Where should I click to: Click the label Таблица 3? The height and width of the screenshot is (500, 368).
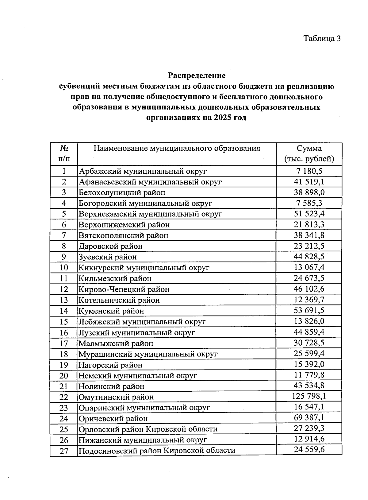(x=322, y=38)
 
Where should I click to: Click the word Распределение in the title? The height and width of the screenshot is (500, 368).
(x=197, y=76)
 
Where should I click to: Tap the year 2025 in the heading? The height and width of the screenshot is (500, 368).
(x=223, y=118)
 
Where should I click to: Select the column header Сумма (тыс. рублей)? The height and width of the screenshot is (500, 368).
(x=309, y=154)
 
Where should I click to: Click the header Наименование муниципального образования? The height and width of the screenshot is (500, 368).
(x=177, y=149)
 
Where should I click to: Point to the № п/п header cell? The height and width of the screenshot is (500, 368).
(x=64, y=154)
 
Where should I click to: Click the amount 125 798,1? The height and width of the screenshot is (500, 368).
(x=309, y=396)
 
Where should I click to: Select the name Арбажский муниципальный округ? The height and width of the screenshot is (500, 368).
(x=143, y=171)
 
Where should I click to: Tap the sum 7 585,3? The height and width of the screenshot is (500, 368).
(x=309, y=203)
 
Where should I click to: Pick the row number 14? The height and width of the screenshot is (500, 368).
(x=64, y=311)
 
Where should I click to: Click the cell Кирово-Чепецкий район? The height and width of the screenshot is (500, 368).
(x=124, y=289)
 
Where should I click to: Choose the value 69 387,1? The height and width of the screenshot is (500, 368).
(x=309, y=418)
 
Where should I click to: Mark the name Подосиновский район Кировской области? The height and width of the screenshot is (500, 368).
(x=157, y=451)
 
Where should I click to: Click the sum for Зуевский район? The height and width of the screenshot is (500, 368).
(x=309, y=257)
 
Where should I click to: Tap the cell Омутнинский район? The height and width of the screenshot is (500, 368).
(x=116, y=397)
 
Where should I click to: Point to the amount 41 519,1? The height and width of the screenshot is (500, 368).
(x=309, y=182)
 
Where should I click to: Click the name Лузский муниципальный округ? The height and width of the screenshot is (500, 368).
(x=136, y=332)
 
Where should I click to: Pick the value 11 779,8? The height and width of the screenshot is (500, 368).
(x=309, y=375)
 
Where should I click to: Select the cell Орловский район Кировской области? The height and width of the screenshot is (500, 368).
(x=148, y=429)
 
